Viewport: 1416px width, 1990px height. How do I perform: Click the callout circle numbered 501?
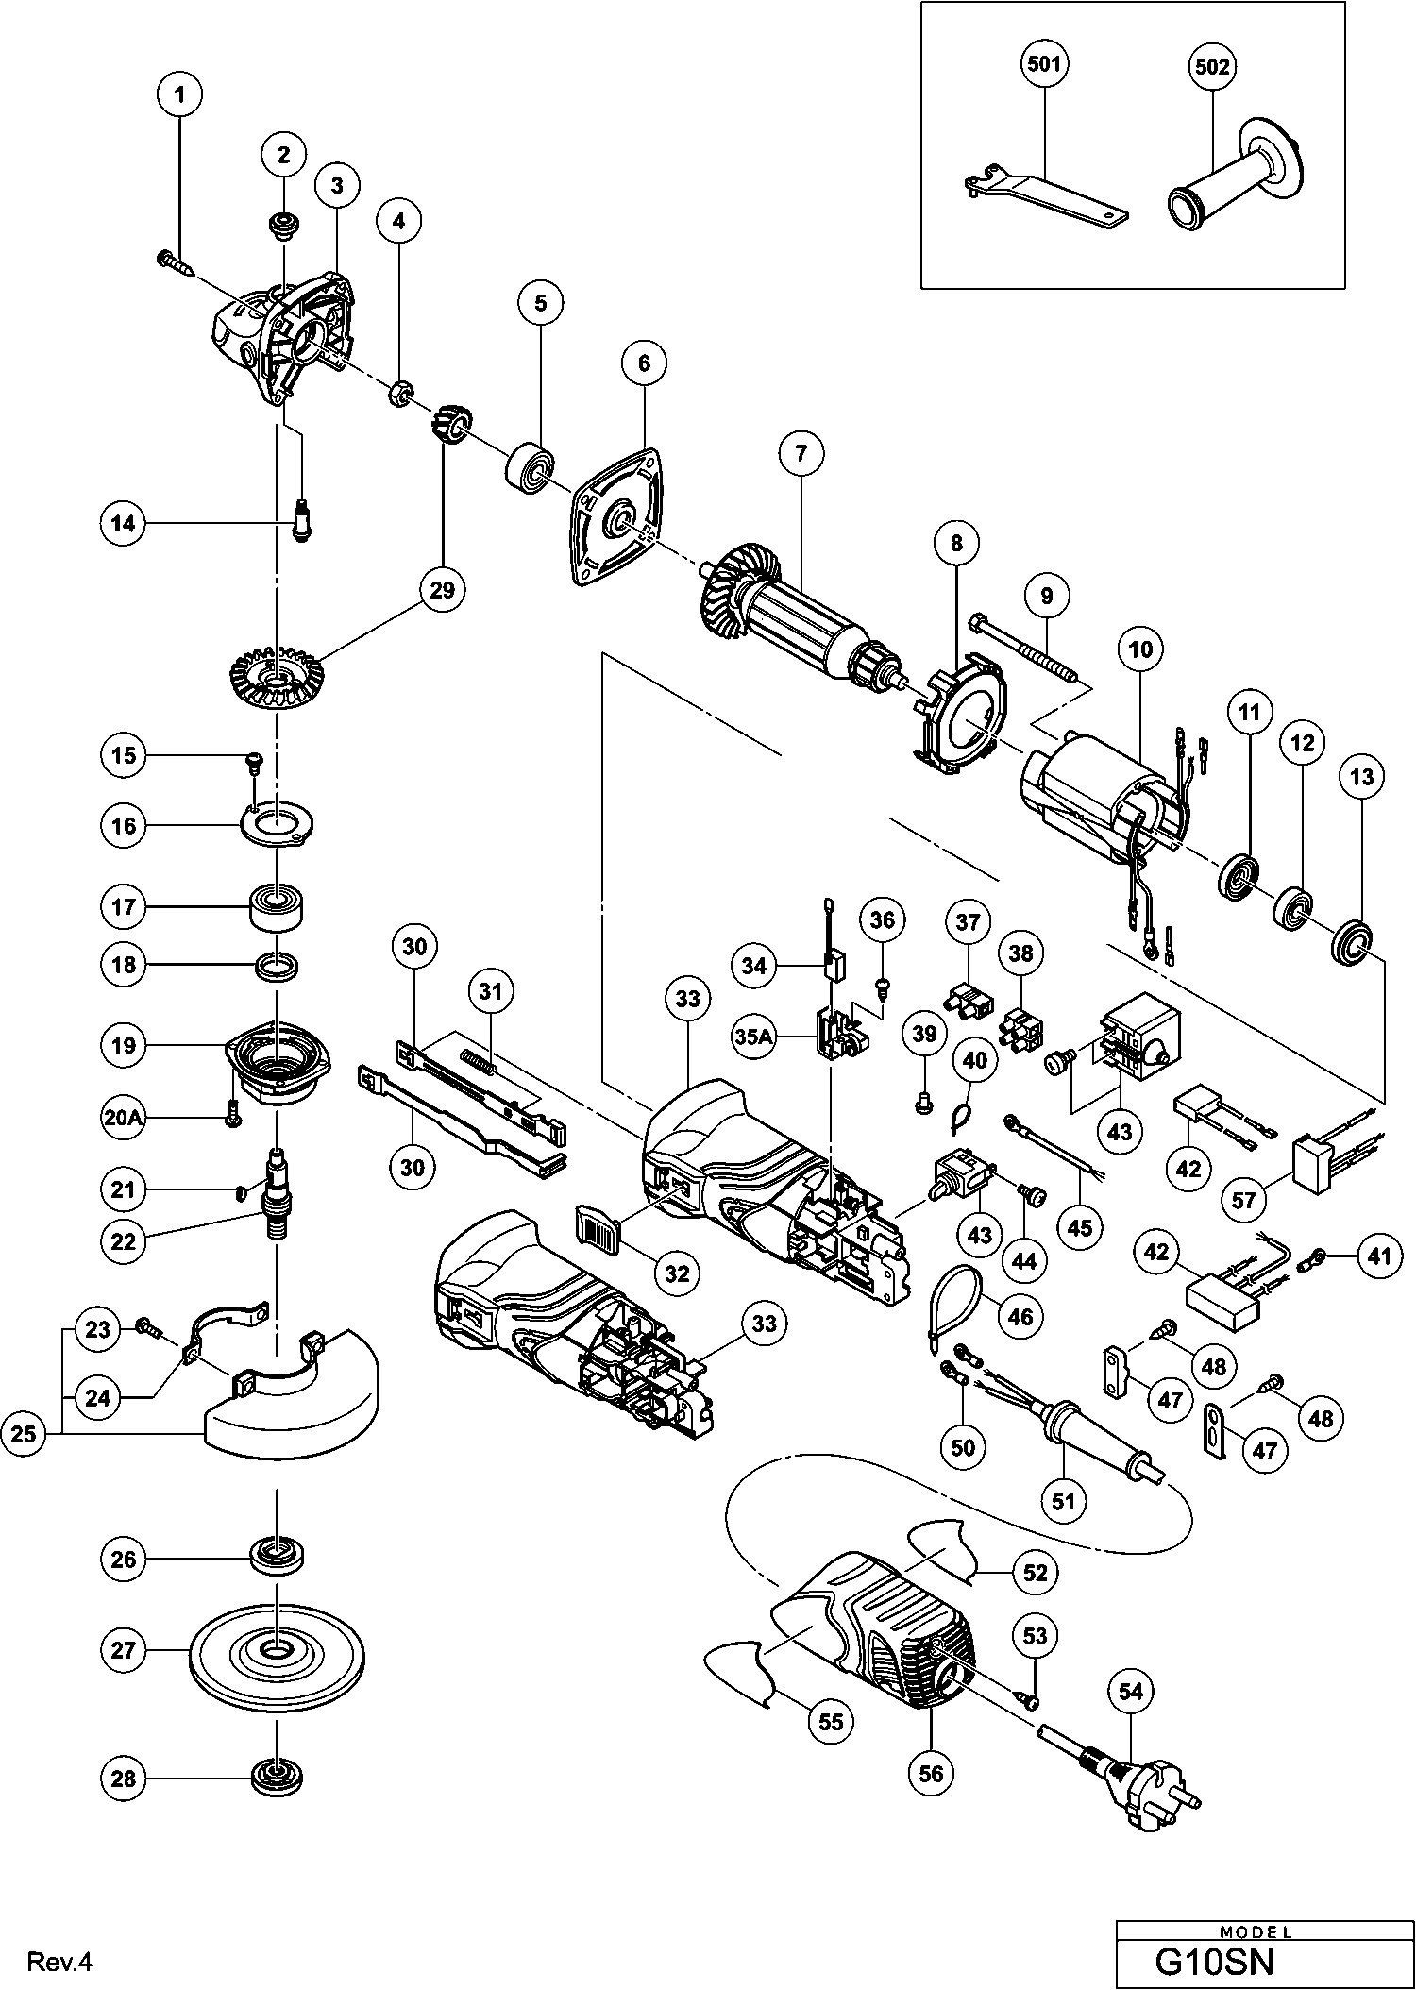point(1044,65)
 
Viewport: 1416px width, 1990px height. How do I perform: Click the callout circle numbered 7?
point(801,454)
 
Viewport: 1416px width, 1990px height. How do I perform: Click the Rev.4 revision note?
point(60,1963)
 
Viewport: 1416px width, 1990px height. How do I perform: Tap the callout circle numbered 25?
point(24,1434)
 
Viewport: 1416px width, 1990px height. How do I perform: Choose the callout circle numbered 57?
point(1243,1201)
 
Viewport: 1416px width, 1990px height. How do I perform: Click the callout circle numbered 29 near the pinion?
point(442,590)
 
